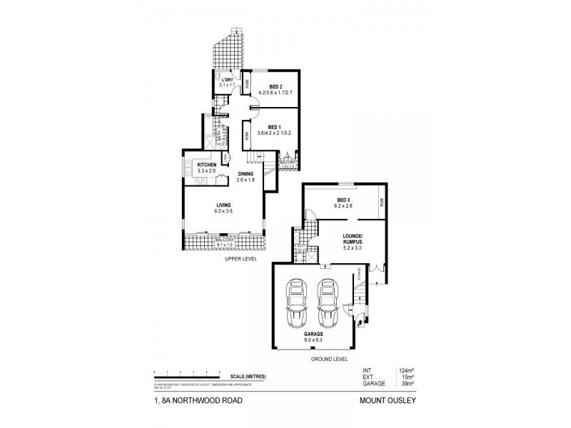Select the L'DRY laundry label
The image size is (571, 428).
coord(227,79)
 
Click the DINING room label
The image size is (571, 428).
coord(246,174)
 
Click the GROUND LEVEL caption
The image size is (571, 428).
coord(328,360)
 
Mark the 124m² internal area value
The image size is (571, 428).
coord(405,371)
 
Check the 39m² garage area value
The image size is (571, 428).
coord(403,384)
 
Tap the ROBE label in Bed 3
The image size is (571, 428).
coord(383,200)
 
